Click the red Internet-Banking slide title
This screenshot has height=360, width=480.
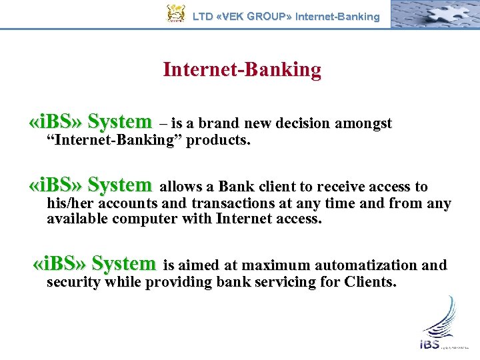[242, 69]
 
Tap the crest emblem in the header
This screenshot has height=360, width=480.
[176, 14]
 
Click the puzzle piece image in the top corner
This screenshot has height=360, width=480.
[433, 14]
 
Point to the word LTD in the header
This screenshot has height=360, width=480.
[203, 16]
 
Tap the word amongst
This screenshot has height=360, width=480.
[364, 124]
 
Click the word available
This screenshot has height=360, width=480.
[77, 219]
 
